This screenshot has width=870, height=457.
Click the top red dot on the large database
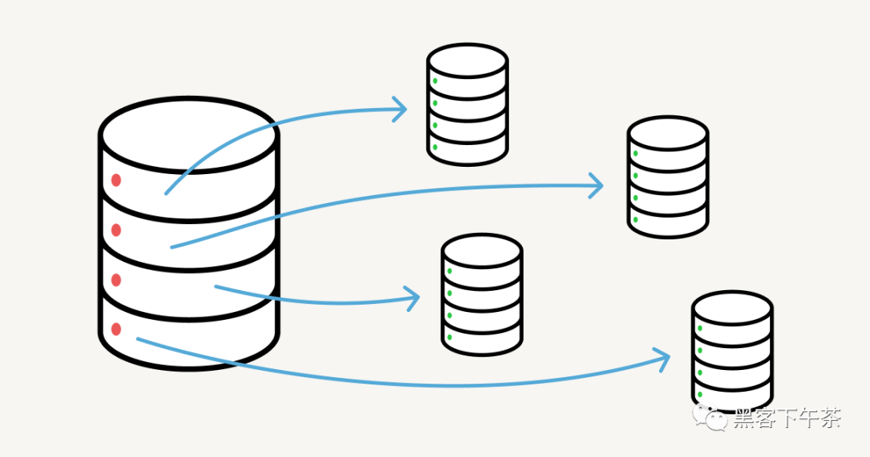pyautogui.click(x=116, y=180)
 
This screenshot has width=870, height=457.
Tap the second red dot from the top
pyautogui.click(x=116, y=231)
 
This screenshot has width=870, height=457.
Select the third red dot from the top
pyautogui.click(x=116, y=280)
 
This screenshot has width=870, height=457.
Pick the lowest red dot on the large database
pyautogui.click(x=116, y=329)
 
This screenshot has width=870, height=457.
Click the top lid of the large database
pyautogui.click(x=188, y=134)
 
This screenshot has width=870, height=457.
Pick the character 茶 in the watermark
pyautogui.click(x=830, y=418)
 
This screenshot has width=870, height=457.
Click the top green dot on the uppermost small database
pyautogui.click(x=435, y=81)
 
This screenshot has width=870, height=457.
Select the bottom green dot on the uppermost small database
pyautogui.click(x=435, y=147)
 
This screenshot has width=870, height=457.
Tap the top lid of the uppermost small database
pyautogui.click(x=467, y=60)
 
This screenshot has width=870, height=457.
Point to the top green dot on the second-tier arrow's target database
pyautogui.click(x=636, y=153)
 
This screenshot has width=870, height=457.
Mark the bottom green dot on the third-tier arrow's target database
pyautogui.click(x=449, y=337)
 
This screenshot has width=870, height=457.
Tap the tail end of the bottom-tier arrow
pyautogui.click(x=139, y=339)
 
